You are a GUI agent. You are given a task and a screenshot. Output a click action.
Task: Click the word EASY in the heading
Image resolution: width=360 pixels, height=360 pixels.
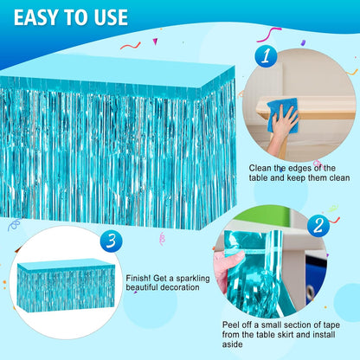pos(35,17)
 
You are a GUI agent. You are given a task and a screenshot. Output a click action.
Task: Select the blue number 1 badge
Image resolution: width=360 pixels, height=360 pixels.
pos(266,56)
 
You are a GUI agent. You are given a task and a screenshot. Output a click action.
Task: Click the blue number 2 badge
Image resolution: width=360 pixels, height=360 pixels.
pos(318,226)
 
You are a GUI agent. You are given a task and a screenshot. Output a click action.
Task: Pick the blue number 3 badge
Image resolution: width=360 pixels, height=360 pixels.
pos(111,241)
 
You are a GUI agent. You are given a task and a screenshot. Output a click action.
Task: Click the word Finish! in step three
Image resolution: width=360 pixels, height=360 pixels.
pos(138,279)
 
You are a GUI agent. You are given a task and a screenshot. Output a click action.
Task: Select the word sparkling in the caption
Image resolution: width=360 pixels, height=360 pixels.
pos(193,279)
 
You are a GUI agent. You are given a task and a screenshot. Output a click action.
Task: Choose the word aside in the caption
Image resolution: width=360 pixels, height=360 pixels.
pos(232,344)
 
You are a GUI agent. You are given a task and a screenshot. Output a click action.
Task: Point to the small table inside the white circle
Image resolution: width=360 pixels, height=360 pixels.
pos(66,285)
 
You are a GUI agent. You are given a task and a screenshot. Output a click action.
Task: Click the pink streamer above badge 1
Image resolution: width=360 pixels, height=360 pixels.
pos(269,34)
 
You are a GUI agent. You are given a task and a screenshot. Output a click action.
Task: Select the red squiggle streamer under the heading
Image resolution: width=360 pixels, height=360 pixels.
pos(131,46)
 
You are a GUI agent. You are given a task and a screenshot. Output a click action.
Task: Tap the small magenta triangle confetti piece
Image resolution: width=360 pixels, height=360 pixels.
pos(155,42)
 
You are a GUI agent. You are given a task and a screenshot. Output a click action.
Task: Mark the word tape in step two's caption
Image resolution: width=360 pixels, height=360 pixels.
pos(331,325)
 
